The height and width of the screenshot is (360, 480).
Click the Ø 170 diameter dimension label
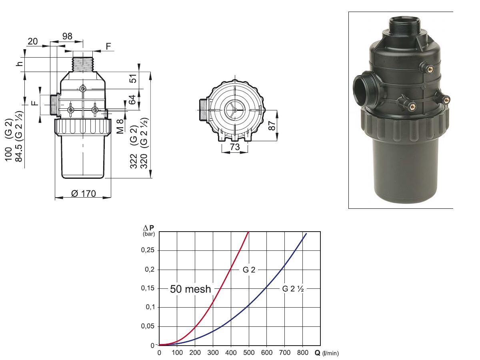point(83,194)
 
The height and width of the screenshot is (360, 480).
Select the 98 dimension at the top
point(67,36)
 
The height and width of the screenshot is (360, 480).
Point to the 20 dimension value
point(33,41)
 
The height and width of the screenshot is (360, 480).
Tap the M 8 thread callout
point(120,126)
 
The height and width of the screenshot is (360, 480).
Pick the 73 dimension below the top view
point(235,147)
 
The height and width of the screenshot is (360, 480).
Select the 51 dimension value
point(133,78)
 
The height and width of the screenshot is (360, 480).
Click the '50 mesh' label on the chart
point(190,289)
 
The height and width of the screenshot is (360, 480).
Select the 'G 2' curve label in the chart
point(249,270)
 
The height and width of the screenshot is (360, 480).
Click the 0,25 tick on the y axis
point(149,250)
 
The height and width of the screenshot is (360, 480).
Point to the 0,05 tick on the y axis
point(149,326)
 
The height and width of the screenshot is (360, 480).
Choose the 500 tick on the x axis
point(249,353)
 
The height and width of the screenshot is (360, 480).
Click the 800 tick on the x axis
point(303,353)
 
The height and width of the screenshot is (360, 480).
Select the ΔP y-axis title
point(149,228)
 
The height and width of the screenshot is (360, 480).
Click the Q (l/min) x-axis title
point(326,353)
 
